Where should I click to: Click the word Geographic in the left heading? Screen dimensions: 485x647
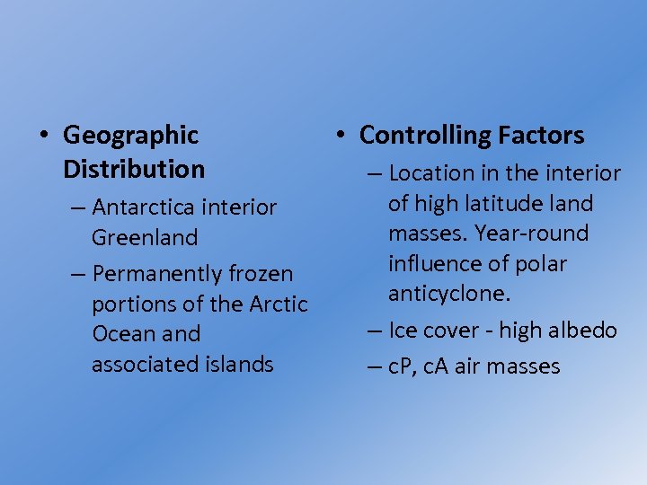(130, 136)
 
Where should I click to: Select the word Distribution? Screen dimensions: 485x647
(134, 169)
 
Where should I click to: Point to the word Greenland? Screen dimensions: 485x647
(144, 238)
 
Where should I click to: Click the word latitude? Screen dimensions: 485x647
(497, 204)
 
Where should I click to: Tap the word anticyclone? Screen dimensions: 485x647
(449, 294)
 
